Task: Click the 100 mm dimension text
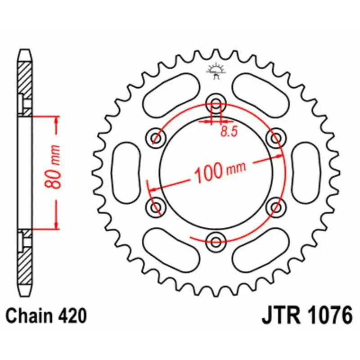point(220,171)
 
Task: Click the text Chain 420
point(46,316)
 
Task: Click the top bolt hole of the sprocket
point(216,104)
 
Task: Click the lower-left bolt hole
point(157,207)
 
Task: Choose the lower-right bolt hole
point(275,207)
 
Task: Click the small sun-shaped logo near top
point(216,70)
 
